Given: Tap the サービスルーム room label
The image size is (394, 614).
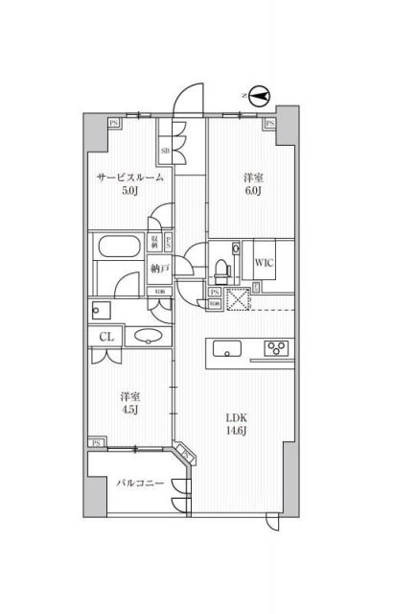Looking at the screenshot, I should pyautogui.click(x=129, y=178).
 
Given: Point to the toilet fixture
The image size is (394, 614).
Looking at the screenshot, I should pyautogui.click(x=220, y=261).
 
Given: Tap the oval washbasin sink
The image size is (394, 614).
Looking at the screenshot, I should pyautogui.click(x=148, y=336).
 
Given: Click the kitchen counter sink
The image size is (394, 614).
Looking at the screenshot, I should pyautogui.click(x=226, y=348).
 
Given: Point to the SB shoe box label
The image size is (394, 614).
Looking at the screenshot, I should pyautogui.click(x=165, y=151).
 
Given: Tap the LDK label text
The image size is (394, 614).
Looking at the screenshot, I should pyautogui.click(x=237, y=417).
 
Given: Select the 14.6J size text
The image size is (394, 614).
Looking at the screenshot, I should pyautogui.click(x=237, y=433).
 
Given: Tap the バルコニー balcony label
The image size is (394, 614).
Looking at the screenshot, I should pyautogui.click(x=135, y=484).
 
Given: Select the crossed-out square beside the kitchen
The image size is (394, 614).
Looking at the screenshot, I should pyautogui.click(x=236, y=298).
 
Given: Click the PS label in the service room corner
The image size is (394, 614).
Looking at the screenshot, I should pyautogui.click(x=114, y=123).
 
